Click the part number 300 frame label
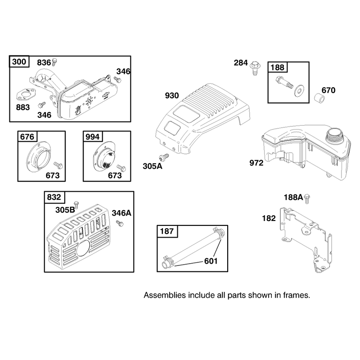[19, 62]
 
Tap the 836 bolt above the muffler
[54, 62]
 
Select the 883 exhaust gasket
[26, 95]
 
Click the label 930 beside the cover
[172, 95]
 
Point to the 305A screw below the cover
[164, 157]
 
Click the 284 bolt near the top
[255, 68]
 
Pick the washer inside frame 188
[299, 90]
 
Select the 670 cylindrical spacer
[319, 98]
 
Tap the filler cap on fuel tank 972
[335, 136]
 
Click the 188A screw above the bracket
[307, 198]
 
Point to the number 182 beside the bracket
[269, 218]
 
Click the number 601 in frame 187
[211, 261]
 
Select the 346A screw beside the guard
[120, 223]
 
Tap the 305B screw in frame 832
[76, 205]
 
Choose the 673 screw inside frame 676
[58, 165]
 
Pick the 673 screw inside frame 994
[121, 168]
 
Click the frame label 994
[93, 137]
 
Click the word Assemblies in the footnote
[165, 295]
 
